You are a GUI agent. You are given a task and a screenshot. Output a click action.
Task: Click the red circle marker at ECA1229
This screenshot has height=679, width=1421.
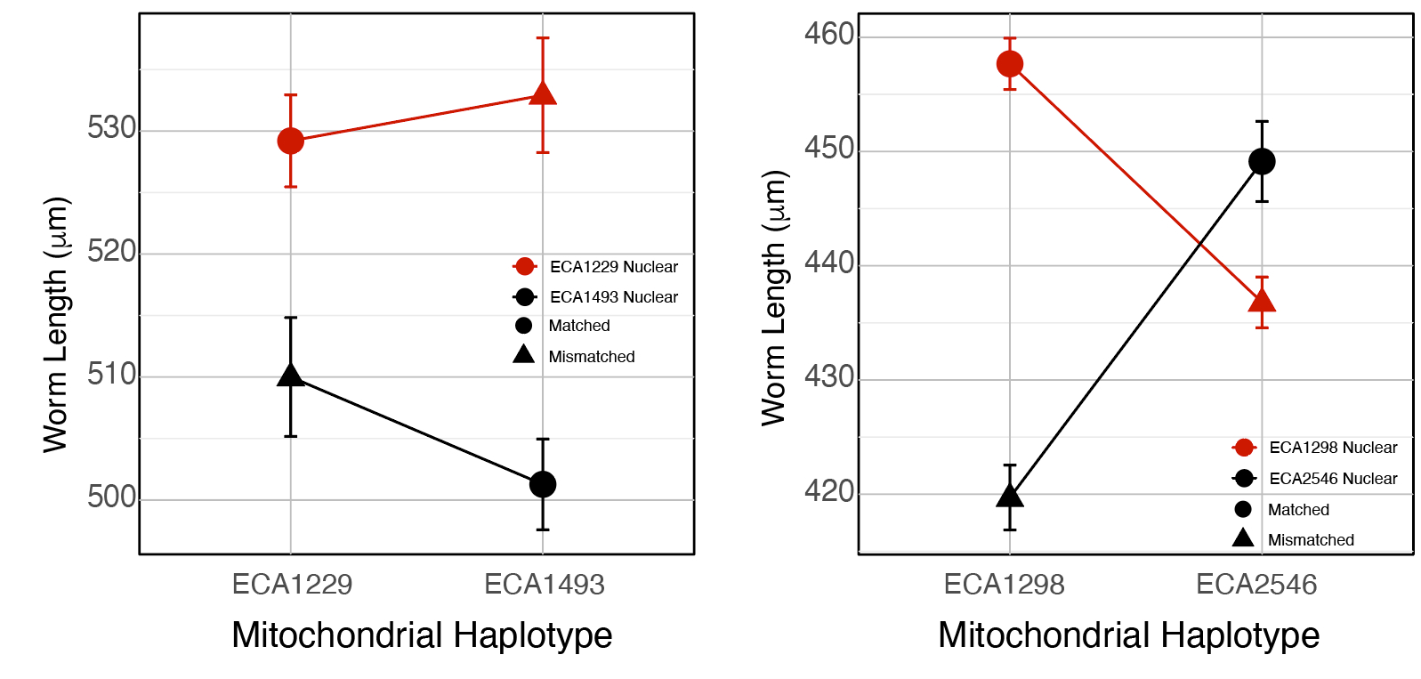coord(291,141)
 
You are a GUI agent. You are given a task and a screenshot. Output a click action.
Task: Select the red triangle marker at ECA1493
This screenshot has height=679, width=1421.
coord(543,94)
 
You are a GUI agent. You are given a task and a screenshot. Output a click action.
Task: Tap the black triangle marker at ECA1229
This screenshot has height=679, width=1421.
coord(291,376)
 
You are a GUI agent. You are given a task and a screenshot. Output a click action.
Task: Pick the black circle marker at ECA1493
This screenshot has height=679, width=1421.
coord(543,484)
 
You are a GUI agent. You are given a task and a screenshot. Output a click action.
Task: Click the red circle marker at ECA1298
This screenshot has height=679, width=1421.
coord(1010,64)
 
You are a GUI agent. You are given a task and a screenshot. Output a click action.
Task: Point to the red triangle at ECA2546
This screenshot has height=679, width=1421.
coord(1262,301)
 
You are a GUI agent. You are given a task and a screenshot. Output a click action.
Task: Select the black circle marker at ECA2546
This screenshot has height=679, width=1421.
coord(1262,162)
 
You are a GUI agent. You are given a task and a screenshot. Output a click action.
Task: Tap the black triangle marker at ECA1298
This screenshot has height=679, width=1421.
coord(1010,496)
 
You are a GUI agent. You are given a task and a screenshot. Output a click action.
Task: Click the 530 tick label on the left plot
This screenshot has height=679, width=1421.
coord(112,129)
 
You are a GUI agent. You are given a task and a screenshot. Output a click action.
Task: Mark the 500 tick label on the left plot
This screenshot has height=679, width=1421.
coord(112,497)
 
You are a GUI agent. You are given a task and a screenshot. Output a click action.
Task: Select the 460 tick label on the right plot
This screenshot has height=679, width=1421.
coord(829,35)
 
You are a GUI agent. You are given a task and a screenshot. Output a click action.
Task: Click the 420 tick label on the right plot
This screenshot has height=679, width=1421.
coord(829,491)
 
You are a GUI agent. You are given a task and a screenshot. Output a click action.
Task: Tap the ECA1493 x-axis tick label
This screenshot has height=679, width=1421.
coord(544,585)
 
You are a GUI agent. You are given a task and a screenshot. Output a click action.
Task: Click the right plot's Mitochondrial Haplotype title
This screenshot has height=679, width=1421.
coord(1128,635)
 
